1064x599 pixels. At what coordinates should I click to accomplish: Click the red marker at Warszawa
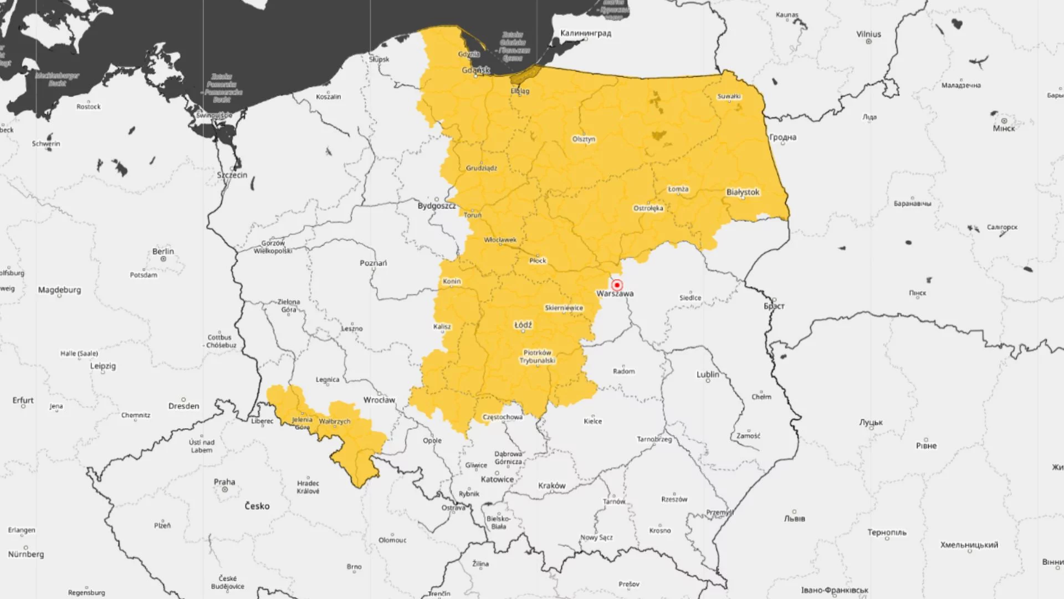pos(617,285)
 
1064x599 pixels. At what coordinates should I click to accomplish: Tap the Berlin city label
pos(163,251)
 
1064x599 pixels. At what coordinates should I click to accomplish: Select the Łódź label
pos(523,325)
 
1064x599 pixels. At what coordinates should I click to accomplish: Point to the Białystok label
pos(743,192)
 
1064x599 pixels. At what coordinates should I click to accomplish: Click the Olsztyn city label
pos(584,139)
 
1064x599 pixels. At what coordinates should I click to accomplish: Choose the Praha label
pos(224,482)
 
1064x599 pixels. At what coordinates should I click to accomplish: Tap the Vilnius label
pos(868,34)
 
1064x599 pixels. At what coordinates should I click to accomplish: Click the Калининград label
pos(586,33)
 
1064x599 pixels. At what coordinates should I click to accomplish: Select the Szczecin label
pos(232,175)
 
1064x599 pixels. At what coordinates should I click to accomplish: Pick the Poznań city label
pos(373,263)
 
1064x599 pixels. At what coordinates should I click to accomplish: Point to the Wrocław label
pos(379,400)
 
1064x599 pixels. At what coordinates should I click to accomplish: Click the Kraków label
pos(552,486)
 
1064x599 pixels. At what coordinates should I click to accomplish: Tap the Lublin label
pos(708,374)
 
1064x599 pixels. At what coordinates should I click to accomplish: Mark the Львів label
pos(795,519)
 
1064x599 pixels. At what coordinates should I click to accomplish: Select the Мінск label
pos(1004,128)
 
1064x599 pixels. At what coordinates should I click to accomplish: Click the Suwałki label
pos(729,97)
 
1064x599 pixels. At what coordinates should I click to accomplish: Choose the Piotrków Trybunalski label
pos(537,357)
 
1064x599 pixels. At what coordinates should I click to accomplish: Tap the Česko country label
pos(257,506)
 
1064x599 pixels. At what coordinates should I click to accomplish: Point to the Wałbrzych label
pos(335,422)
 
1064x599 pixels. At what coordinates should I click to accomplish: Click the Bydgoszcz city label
pos(437,206)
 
